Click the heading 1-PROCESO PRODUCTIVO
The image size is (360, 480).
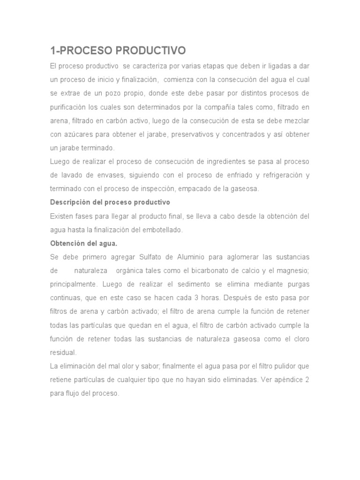(x=118, y=50)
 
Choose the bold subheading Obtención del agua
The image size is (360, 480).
(x=84, y=243)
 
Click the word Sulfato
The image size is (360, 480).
(x=151, y=257)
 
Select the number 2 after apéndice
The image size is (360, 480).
(x=307, y=380)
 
